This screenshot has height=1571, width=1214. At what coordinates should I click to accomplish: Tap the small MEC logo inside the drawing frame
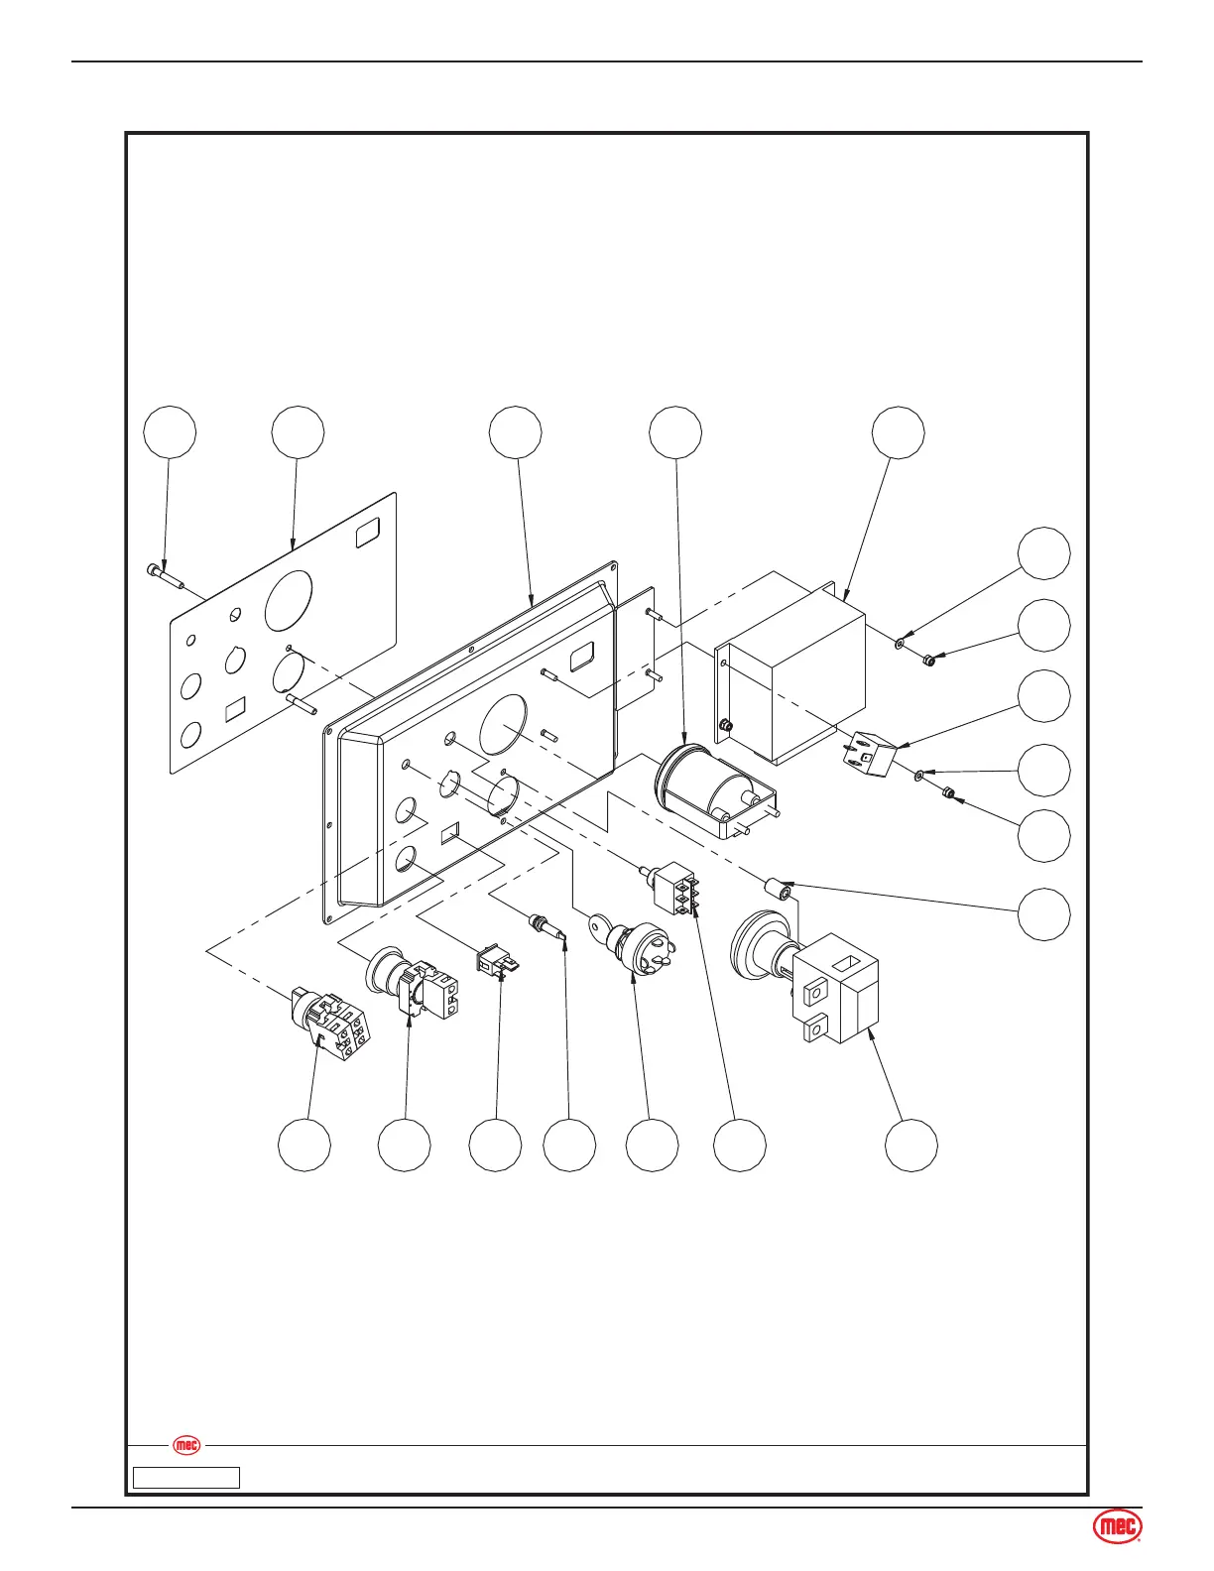coord(186,1445)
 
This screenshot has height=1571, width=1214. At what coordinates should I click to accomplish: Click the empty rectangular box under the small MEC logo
coord(186,1478)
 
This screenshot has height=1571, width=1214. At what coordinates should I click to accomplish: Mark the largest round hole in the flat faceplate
coord(289,601)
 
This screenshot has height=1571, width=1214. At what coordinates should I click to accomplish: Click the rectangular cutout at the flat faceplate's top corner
coord(368,534)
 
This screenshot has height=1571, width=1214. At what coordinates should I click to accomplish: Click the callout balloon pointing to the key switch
coord(653,1146)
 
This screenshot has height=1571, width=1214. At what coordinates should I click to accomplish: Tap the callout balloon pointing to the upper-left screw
coord(170,431)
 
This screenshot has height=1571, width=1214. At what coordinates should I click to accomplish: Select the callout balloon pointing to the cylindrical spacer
coord(1045,913)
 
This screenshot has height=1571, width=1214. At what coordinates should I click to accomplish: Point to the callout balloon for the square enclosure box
coord(899,431)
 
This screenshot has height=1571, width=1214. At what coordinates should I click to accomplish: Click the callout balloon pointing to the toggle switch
coord(740,1146)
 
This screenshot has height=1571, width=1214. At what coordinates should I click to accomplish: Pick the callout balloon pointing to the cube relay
coord(1045,696)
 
